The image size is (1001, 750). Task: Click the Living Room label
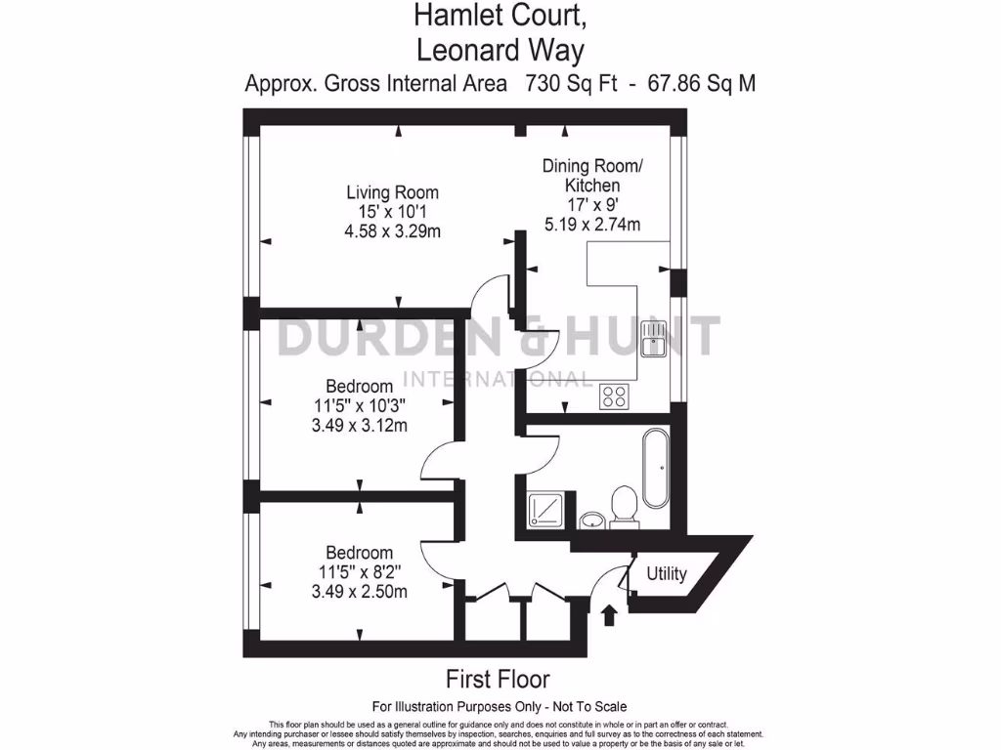pos(394,192)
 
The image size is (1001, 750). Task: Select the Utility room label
pos(666,573)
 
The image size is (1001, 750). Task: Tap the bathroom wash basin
pos(590,519)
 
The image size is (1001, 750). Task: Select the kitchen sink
pos(652,341)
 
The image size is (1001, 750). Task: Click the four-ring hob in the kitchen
pos(616,396)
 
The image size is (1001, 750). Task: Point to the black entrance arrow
pos(609,614)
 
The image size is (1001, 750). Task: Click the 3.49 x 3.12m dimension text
pos(359,425)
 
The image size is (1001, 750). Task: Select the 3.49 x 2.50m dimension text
pos(359,591)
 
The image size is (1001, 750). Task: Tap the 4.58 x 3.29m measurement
pos(394,231)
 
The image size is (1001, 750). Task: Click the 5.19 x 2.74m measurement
pos(592,225)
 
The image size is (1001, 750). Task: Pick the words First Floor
pos(498,678)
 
